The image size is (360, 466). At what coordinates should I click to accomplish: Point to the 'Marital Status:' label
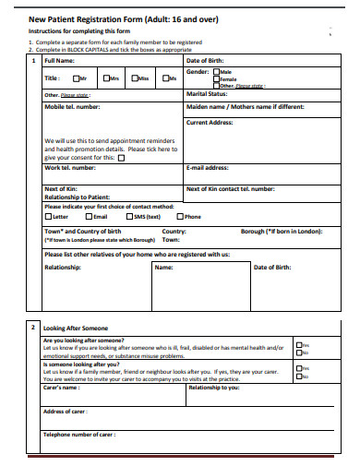(x=209, y=93)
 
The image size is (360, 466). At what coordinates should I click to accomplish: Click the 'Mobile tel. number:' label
(x=72, y=107)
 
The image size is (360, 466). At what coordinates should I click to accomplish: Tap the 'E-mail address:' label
(x=209, y=168)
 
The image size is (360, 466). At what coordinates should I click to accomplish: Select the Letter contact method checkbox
(x=49, y=216)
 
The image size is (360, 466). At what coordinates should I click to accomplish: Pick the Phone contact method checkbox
(x=181, y=216)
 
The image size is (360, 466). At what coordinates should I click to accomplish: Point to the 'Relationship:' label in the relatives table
(x=65, y=267)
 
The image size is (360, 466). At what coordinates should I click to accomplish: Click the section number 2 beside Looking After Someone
(x=32, y=328)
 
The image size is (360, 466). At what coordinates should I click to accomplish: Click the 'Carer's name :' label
(x=64, y=388)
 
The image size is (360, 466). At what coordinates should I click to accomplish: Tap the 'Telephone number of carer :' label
(x=79, y=434)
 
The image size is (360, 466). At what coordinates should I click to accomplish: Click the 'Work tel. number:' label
(x=70, y=168)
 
